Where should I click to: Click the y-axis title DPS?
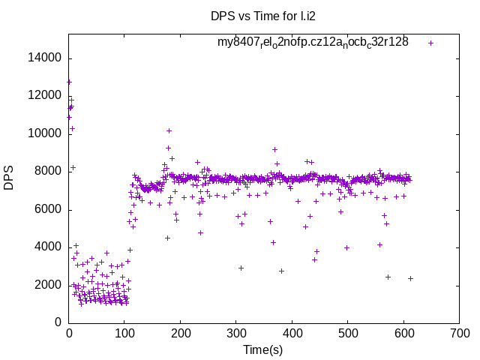pyautogui.click(x=10, y=178)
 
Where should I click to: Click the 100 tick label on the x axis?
pyautogui.click(x=124, y=333)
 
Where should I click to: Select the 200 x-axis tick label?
pyautogui.click(x=181, y=333)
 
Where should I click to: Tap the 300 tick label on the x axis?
pyautogui.click(x=236, y=333)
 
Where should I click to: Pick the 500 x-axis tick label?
pyautogui.click(x=348, y=333)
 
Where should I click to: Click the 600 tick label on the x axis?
pyautogui.click(x=403, y=333)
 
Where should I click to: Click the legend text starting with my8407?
pyautogui.click(x=313, y=43)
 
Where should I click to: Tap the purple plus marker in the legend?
pyautogui.click(x=431, y=43)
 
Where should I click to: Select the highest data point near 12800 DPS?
pyautogui.click(x=69, y=82)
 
